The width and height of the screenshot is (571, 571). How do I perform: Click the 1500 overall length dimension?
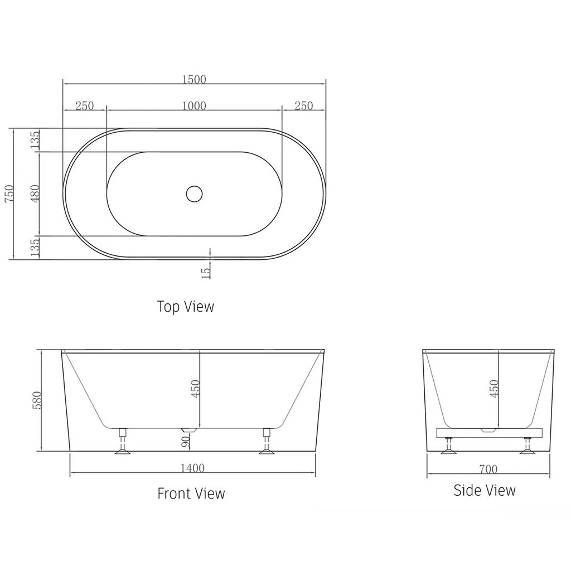click(x=194, y=79)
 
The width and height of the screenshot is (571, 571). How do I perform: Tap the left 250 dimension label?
click(x=84, y=106)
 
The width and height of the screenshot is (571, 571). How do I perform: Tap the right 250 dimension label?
click(x=303, y=106)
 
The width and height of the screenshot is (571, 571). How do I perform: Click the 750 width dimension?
click(x=7, y=194)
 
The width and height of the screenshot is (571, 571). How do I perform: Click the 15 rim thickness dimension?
click(x=206, y=272)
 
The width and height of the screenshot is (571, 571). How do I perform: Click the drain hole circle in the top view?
click(x=194, y=193)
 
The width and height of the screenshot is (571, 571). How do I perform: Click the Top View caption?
click(x=185, y=306)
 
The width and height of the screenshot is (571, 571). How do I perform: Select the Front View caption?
click(x=191, y=493)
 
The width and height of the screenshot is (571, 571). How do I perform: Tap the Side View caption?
click(x=484, y=490)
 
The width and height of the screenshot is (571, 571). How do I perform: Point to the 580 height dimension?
click(x=37, y=400)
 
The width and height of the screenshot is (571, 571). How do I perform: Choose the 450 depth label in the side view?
click(x=493, y=389)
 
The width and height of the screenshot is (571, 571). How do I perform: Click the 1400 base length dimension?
click(x=193, y=468)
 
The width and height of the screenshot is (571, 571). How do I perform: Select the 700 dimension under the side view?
click(x=487, y=469)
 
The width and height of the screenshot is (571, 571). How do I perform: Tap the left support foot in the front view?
click(x=122, y=443)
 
